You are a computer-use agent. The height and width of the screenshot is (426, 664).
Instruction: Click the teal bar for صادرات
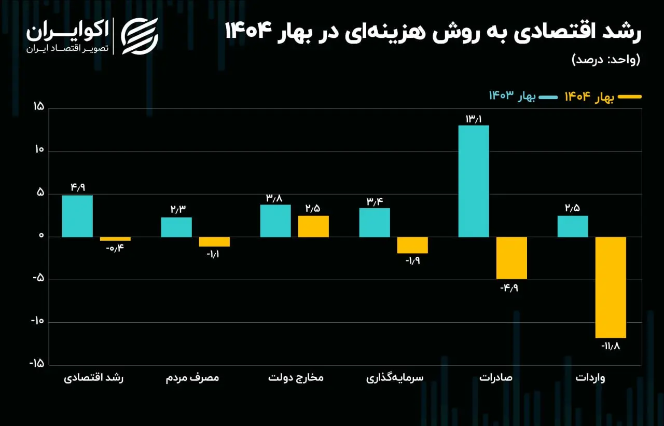coord(474,181)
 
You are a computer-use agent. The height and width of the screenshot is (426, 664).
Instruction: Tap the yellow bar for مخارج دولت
coord(313,226)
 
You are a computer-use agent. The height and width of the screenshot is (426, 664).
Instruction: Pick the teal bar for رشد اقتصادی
coord(77,216)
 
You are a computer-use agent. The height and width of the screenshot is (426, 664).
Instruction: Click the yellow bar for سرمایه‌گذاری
coord(412,245)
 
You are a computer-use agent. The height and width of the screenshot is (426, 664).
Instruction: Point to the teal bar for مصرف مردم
coord(176,227)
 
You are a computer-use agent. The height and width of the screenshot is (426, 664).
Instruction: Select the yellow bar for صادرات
coord(511,258)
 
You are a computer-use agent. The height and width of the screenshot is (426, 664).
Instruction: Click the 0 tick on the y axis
coord(41,237)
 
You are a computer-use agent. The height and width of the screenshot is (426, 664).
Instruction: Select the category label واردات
coord(590,378)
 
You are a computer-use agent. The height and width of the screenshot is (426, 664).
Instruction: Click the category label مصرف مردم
coord(192,378)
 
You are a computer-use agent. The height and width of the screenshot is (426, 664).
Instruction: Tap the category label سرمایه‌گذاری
coord(395,378)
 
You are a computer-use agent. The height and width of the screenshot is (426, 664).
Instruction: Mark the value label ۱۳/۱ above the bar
coord(474,119)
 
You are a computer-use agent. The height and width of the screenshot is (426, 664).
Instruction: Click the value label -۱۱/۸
coord(611,345)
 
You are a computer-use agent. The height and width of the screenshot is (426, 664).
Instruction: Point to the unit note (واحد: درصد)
coord(605,59)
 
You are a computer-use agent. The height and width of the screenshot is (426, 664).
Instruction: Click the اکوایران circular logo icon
coord(140,36)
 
